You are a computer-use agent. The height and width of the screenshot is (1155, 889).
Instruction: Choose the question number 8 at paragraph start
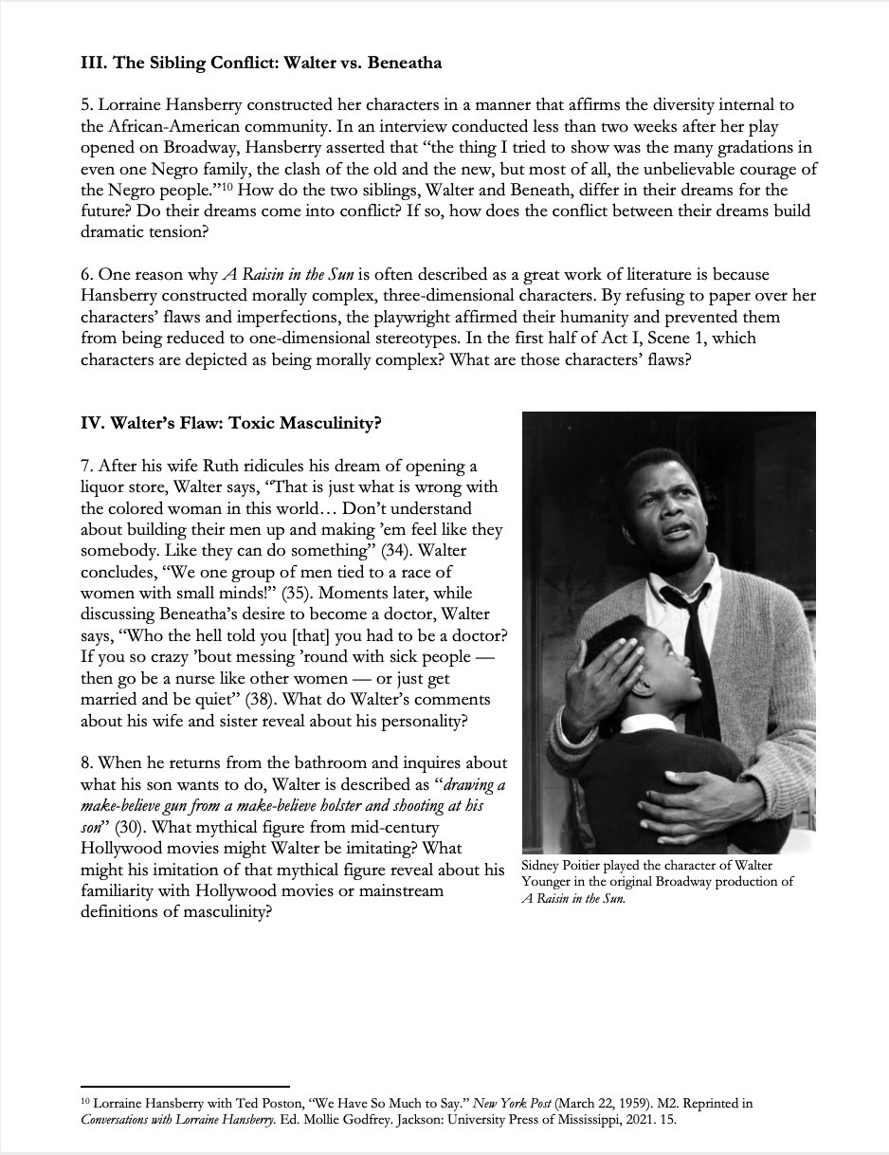pyautogui.click(x=86, y=762)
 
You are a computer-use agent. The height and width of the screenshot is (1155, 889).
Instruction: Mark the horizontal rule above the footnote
pyautogui.click(x=185, y=1087)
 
